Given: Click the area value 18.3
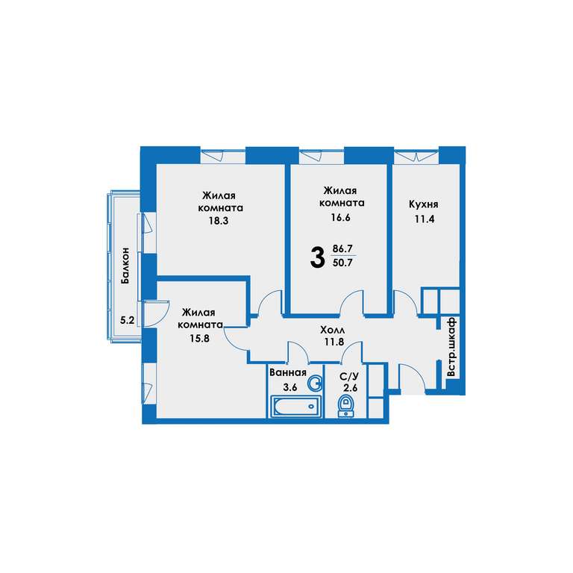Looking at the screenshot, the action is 219,221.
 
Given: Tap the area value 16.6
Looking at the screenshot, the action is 340,217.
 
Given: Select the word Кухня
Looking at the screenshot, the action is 423,204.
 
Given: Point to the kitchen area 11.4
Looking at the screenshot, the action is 425,219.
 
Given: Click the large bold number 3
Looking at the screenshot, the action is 317,257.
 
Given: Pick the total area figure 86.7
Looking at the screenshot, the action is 342,249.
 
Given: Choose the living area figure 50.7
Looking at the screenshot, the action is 342,263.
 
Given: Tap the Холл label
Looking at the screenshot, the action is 332,331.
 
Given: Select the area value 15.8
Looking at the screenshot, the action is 199,339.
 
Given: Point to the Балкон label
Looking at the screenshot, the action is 125,266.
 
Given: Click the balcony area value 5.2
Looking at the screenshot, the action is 127,321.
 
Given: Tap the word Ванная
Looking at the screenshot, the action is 287,373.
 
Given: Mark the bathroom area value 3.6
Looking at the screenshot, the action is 289,387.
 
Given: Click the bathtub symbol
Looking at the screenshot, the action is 295,406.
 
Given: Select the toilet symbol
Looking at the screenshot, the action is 345,406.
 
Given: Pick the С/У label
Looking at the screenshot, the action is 349,376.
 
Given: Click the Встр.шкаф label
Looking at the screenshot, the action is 452,347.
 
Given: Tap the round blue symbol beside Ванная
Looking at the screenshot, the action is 315,383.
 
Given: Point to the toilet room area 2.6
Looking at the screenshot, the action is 350,388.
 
